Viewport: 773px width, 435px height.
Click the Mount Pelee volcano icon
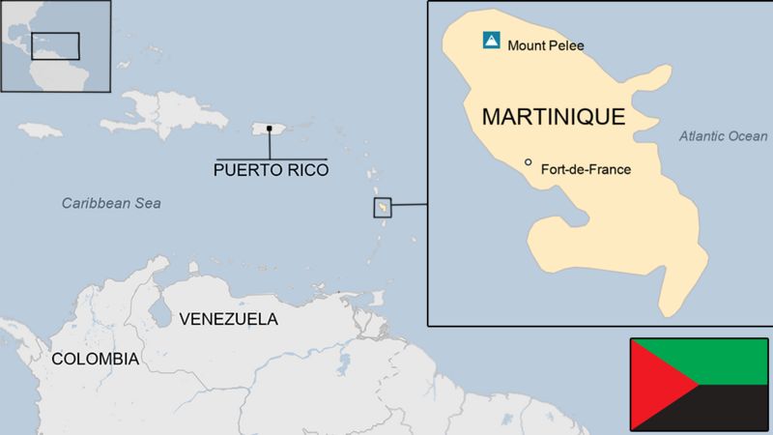[491, 41]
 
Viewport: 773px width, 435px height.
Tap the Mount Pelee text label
[545, 44]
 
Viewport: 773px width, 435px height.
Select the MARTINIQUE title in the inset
[553, 117]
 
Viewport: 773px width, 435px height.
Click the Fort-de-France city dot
[528, 162]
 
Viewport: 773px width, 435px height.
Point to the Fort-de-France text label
[587, 169]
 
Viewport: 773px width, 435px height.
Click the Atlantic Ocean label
[723, 136]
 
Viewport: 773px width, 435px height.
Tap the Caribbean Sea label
[111, 203]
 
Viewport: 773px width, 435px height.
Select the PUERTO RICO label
[271, 170]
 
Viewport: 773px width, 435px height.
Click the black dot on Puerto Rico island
[270, 128]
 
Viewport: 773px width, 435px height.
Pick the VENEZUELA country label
[229, 318]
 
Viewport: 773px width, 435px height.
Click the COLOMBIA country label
[95, 359]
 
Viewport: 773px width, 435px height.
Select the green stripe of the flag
[715, 361]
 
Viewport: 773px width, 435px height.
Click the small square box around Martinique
[383, 208]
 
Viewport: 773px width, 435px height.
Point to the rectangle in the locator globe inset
[55, 45]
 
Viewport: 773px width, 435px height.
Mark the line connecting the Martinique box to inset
[410, 204]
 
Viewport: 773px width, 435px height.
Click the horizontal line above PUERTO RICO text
[271, 158]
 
